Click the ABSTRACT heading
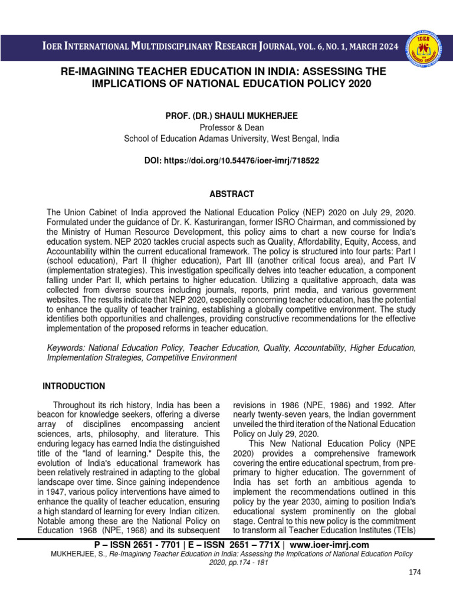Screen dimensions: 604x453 click(x=232, y=194)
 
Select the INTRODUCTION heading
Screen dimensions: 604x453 click(x=74, y=386)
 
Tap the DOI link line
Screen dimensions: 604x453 click(x=232, y=160)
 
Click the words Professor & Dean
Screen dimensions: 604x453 click(x=231, y=127)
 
